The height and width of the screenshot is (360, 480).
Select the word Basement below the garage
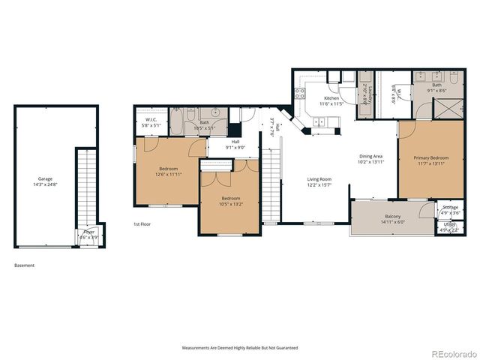point(24,265)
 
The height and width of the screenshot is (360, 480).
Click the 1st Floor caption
point(142,224)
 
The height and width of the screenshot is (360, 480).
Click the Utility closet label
point(449,226)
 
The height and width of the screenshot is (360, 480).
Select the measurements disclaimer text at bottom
point(240,348)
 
